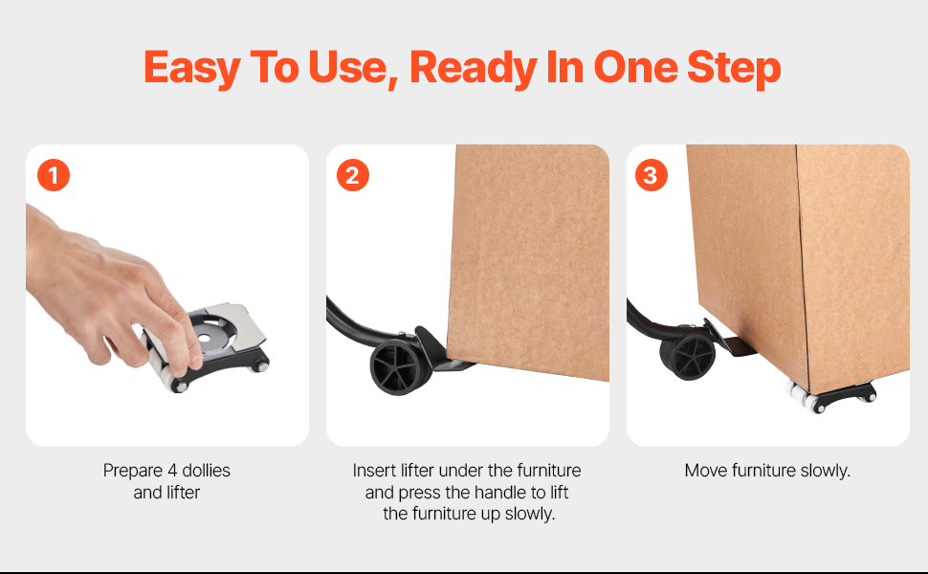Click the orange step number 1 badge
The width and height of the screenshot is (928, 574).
[54, 175]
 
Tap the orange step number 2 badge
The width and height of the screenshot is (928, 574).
[353, 175]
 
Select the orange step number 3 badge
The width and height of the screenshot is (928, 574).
[651, 175]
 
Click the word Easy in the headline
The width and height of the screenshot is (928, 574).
[191, 68]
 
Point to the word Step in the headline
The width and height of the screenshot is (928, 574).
[734, 68]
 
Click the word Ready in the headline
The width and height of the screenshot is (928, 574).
[473, 68]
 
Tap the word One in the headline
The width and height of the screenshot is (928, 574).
[635, 67]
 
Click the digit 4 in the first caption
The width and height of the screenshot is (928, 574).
[172, 471]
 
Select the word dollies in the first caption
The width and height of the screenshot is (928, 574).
[206, 471]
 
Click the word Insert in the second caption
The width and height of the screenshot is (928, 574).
[374, 471]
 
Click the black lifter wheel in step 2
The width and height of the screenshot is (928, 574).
[395, 367]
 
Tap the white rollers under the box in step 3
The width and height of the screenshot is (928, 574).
[799, 396]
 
